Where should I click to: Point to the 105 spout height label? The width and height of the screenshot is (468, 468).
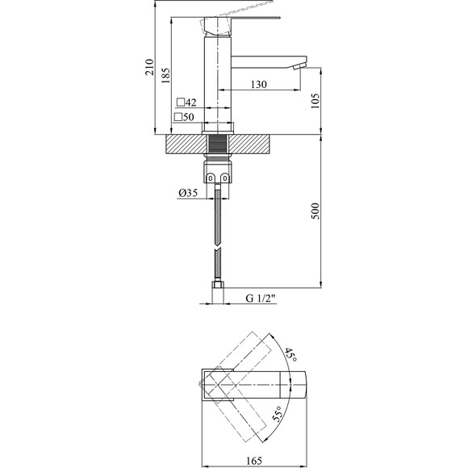315,101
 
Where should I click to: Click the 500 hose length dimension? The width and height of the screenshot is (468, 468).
315,211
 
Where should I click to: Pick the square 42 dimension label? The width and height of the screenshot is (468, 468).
186,102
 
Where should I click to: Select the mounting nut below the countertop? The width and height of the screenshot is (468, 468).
218,173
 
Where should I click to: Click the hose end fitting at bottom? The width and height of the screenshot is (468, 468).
218,287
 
